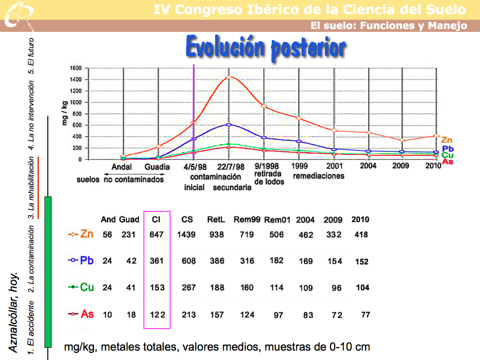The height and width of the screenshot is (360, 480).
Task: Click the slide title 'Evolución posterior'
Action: click(x=266, y=47)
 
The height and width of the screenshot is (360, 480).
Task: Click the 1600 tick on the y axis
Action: click(x=76, y=68)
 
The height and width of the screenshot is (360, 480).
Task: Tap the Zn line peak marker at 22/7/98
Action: click(x=229, y=77)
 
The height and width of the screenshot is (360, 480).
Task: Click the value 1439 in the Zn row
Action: click(x=188, y=234)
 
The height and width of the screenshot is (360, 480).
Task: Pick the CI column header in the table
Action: click(x=157, y=219)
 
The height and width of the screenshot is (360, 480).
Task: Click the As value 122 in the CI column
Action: click(x=157, y=315)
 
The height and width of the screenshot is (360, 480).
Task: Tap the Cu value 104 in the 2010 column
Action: click(x=362, y=287)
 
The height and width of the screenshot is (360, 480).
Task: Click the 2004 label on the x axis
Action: click(x=368, y=166)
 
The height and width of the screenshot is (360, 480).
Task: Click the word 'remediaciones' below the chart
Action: click(x=319, y=176)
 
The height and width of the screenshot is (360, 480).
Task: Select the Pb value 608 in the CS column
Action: click(x=188, y=261)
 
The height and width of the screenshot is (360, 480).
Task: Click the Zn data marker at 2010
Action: click(x=436, y=136)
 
